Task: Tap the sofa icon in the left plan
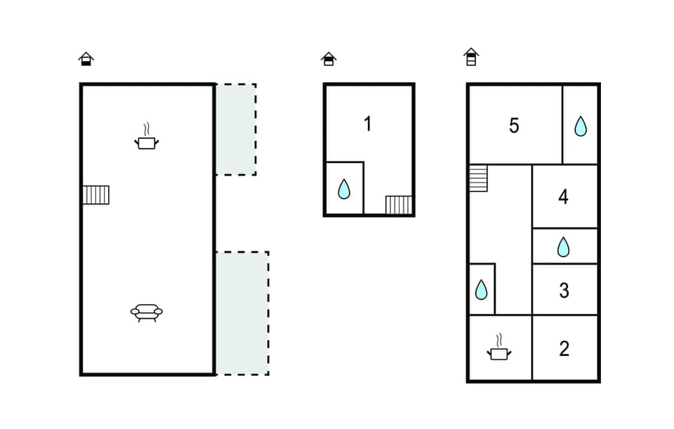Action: pyautogui.click(x=146, y=312)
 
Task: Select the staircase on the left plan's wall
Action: pyautogui.click(x=95, y=194)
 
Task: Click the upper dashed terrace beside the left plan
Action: pyautogui.click(x=235, y=129)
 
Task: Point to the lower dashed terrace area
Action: pyautogui.click(x=242, y=313)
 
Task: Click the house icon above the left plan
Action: pyautogui.click(x=86, y=59)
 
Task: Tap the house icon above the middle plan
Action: pyautogui.click(x=329, y=59)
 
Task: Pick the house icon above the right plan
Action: pyautogui.click(x=471, y=57)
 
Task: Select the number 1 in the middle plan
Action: pyautogui.click(x=367, y=124)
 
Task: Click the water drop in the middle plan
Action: pyautogui.click(x=344, y=189)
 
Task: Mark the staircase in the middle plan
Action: pyautogui.click(x=399, y=205)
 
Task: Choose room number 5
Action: pyautogui.click(x=514, y=126)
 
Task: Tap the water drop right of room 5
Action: pyautogui.click(x=581, y=126)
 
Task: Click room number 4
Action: pyautogui.click(x=563, y=197)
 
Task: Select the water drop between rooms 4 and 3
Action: pyautogui.click(x=563, y=246)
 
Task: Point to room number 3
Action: pyautogui.click(x=564, y=290)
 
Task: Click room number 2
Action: pyautogui.click(x=564, y=349)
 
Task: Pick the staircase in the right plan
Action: pyautogui.click(x=478, y=178)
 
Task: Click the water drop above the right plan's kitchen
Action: pyautogui.click(x=481, y=289)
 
